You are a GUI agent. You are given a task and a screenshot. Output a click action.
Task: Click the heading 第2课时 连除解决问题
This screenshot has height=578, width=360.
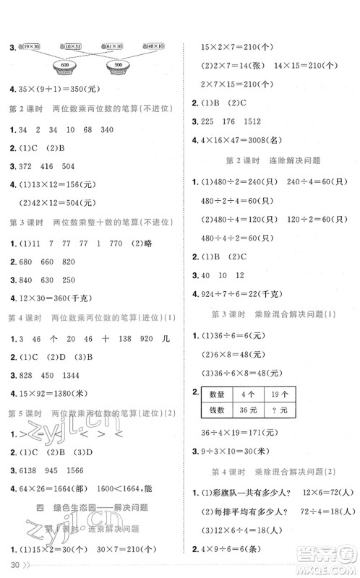[x=273, y=160]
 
